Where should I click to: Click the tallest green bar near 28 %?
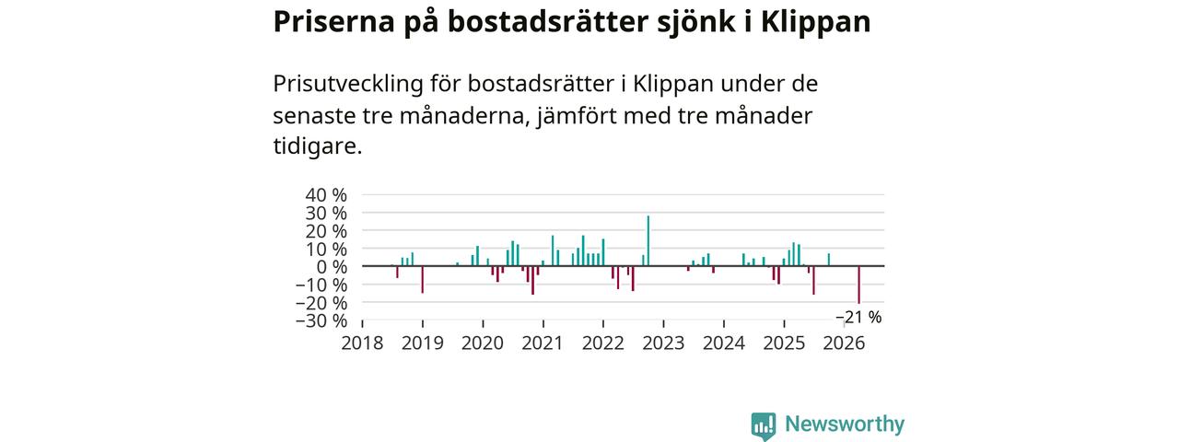click(x=648, y=240)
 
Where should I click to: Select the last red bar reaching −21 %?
click(x=859, y=285)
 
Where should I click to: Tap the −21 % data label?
click(x=858, y=318)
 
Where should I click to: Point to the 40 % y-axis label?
click(x=326, y=195)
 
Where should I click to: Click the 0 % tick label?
click(x=332, y=267)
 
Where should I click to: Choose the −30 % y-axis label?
click(x=321, y=320)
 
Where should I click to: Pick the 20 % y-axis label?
click(x=326, y=231)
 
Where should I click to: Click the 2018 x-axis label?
click(x=362, y=343)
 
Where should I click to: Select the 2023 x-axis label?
click(x=663, y=343)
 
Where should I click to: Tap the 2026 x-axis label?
click(x=844, y=343)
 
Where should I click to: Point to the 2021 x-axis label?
click(x=543, y=343)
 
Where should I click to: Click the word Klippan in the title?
click(x=816, y=22)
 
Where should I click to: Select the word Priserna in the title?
click(x=333, y=22)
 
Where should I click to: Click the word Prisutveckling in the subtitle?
click(x=348, y=84)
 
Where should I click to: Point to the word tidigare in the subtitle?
click(x=318, y=146)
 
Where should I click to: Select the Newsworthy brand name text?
click(x=845, y=424)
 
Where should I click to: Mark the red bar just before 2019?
click(x=422, y=279)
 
